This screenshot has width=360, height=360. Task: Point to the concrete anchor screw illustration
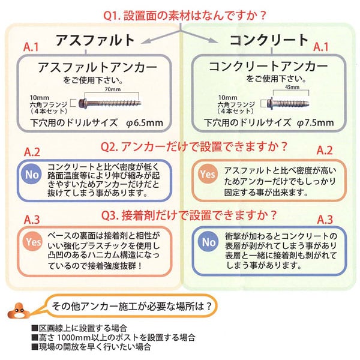[x=287, y=101]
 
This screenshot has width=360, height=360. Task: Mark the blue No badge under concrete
[x=208, y=242]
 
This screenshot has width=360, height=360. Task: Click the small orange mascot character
[x=17, y=311]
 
